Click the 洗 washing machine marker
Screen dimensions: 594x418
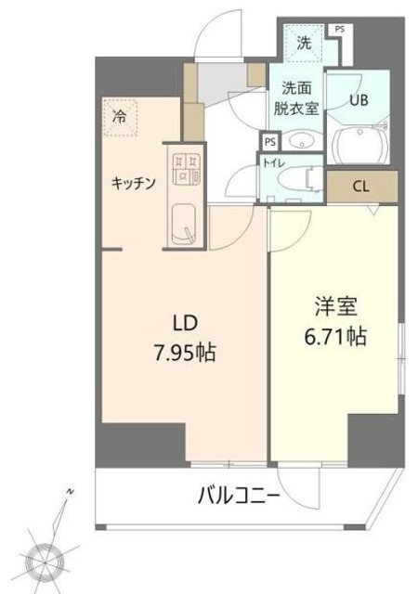point(304,41)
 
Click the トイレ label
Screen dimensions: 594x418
point(275,162)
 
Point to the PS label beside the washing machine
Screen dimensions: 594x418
point(339,30)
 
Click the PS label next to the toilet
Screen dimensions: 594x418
point(269,142)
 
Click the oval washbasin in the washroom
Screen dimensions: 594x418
point(298,142)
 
